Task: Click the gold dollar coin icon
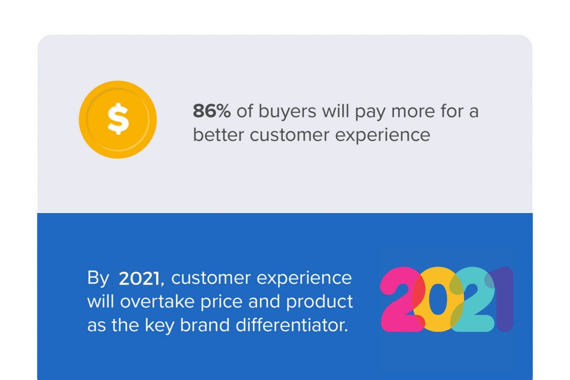(118, 119)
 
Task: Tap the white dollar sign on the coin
(118, 119)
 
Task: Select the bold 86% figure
(212, 111)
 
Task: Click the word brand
(205, 325)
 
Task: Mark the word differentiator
(291, 325)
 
